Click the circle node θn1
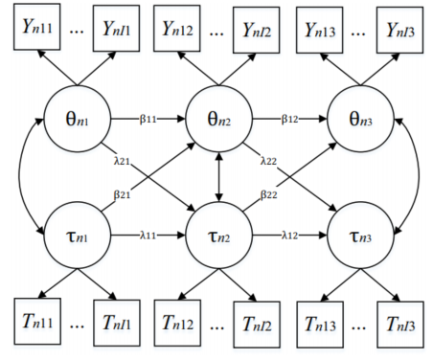tap(77, 119)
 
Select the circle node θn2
tap(218, 119)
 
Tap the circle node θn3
tap(360, 119)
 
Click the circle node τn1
tap(77, 236)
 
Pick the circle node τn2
tap(218, 236)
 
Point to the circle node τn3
tap(360, 236)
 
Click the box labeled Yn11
tap(36, 27)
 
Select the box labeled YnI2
tap(257, 30)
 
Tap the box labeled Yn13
tap(320, 30)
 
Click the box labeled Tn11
tap(37, 322)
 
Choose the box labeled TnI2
tap(257, 325)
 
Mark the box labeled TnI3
tap(400, 325)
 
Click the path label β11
tap(148, 119)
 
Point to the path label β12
tap(289, 119)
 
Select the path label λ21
tap(122, 161)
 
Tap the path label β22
tap(268, 194)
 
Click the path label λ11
tap(148, 236)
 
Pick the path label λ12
tap(289, 236)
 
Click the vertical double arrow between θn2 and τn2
tap(218, 177)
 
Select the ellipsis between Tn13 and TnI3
tap(359, 327)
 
